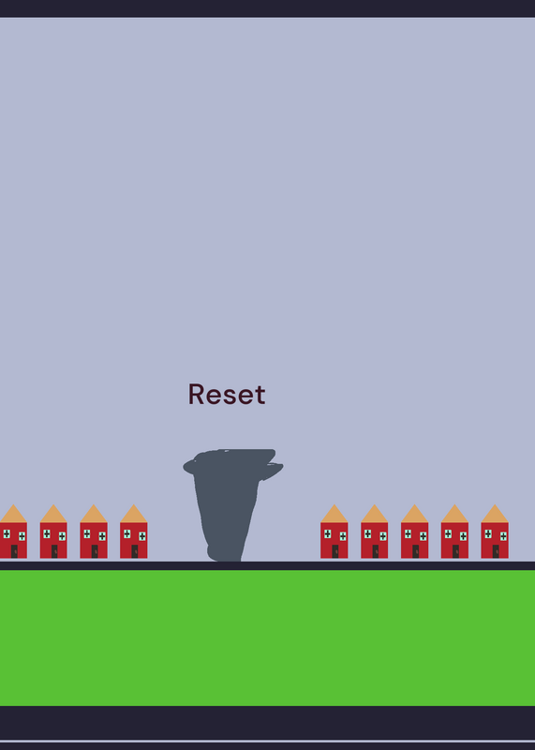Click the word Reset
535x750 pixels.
tap(227, 394)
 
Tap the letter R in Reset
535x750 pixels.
tap(196, 394)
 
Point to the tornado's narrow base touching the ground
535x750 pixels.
tap(224, 555)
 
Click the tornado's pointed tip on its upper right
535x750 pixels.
tap(282, 465)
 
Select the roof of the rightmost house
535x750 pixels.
tap(495, 513)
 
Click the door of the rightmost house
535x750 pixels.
tap(496, 551)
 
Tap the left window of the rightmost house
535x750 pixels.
tap(487, 533)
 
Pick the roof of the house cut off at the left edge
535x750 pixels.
tap(13, 513)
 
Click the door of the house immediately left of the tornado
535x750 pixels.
tap(135, 551)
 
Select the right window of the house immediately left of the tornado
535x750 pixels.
tap(142, 535)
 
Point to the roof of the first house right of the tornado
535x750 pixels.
tap(334, 513)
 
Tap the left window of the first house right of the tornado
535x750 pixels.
tap(328, 533)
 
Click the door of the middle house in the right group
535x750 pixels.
tap(415, 551)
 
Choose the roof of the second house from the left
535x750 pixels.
tap(53, 513)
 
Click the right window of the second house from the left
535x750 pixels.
tap(62, 535)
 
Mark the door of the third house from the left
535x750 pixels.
tap(95, 551)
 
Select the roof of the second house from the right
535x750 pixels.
tap(454, 513)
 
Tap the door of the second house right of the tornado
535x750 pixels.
tap(376, 551)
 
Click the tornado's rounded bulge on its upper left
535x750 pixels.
tap(189, 466)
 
